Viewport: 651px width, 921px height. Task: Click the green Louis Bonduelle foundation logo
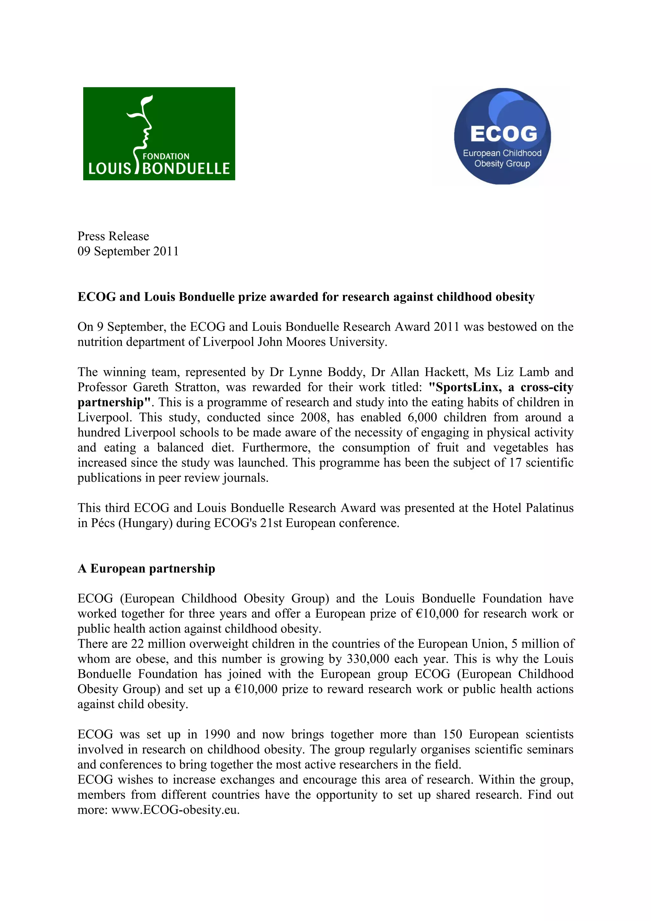tap(159, 133)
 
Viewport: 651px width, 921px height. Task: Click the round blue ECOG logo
tap(502, 136)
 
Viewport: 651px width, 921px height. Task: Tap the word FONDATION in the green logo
tap(166, 156)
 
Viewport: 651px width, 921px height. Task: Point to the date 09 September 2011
tap(128, 251)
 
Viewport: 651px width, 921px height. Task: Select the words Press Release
tap(113, 236)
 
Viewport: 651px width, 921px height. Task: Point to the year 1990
tap(217, 734)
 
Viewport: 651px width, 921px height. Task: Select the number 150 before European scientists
tap(452, 734)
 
